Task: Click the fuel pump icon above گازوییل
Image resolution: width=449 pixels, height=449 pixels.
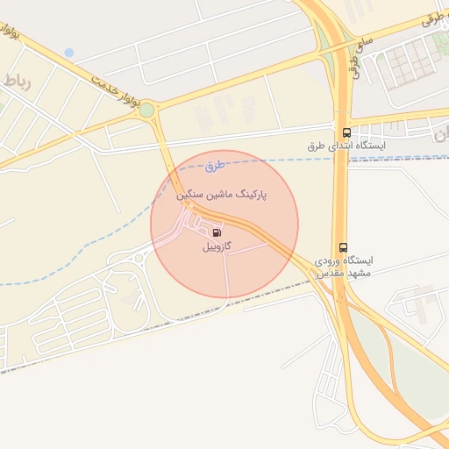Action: (216, 233)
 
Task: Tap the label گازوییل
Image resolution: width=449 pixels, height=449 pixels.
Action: (216, 248)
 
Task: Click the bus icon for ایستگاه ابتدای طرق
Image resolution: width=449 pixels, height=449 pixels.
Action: (346, 132)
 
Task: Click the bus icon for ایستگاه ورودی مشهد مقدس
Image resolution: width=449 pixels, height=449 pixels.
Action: (342, 248)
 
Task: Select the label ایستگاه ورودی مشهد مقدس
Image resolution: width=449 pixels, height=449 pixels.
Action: (343, 267)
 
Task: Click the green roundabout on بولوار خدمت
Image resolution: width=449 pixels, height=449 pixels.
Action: (146, 110)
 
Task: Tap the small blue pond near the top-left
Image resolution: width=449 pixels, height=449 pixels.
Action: (68, 53)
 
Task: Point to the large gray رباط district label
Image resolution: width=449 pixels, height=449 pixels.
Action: (17, 82)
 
